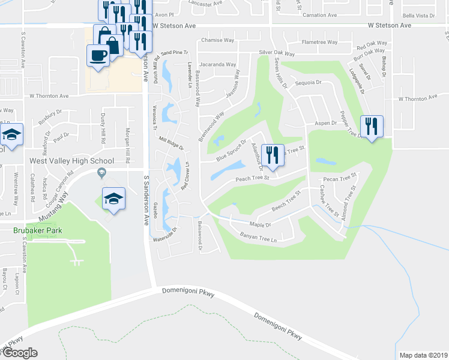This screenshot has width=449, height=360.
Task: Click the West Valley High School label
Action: click(72, 161)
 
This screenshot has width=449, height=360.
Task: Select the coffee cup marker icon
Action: click(98, 55)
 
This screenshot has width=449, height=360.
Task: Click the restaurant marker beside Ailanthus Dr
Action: click(273, 155)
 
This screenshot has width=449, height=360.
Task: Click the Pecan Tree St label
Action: click(340, 179)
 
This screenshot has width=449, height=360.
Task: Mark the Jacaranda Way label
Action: click(217, 64)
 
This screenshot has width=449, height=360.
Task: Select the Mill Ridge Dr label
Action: click(170, 143)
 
